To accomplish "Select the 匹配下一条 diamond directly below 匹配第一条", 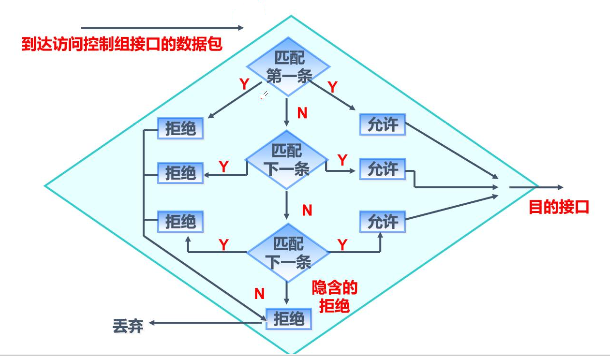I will click(x=286, y=158).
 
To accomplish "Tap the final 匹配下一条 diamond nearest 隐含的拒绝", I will click(x=286, y=250).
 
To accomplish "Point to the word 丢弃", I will click(x=128, y=325).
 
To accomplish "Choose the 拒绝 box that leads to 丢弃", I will click(x=288, y=318).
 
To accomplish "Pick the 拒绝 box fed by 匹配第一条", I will click(x=181, y=128).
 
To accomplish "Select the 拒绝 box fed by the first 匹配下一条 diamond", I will click(x=181, y=172).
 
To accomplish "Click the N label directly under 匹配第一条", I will click(x=302, y=113).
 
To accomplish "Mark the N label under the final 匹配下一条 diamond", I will click(x=259, y=293).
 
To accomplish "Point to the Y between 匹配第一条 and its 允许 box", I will click(x=332, y=87).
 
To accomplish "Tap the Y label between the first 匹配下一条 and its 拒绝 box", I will click(x=223, y=164).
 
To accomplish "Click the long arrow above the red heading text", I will click(x=160, y=27).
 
